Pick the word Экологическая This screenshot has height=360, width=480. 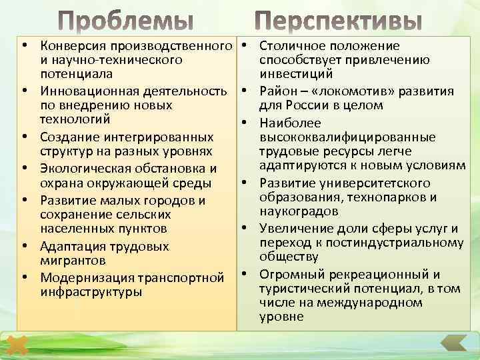83,167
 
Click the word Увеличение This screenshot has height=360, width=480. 292,229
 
